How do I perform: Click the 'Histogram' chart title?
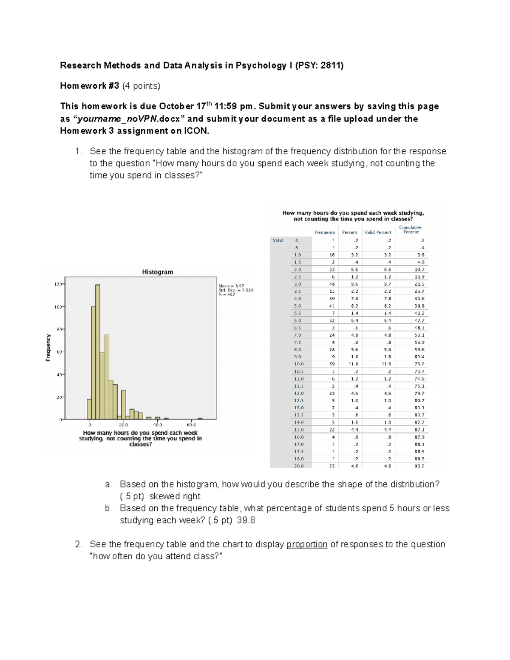pyautogui.click(x=157, y=272)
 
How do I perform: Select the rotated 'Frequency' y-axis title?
pyautogui.click(x=48, y=348)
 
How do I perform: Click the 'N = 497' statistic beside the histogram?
pyautogui.click(x=227, y=295)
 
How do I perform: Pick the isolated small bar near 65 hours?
pyautogui.click(x=200, y=419)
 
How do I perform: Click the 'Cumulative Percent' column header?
pyautogui.click(x=410, y=229)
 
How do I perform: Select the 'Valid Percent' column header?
pyautogui.click(x=378, y=232)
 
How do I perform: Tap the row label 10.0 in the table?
pyautogui.click(x=299, y=364)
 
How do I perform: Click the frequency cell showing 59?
pyautogui.click(x=332, y=364)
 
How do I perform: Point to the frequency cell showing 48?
pyautogui.click(x=332, y=284)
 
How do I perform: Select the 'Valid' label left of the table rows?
pyautogui.click(x=278, y=241)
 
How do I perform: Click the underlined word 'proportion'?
pyautogui.click(x=307, y=544)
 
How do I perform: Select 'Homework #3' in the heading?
pyautogui.click(x=89, y=86)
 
